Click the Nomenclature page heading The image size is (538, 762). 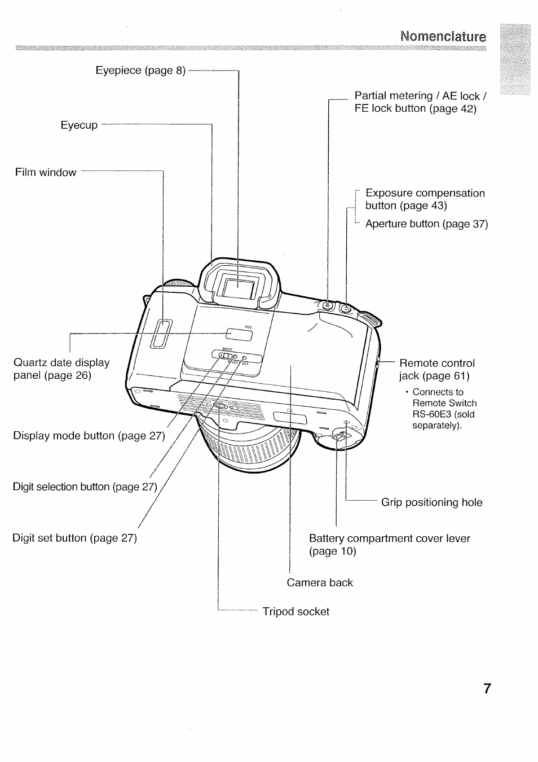click(x=443, y=37)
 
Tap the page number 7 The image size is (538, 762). click(x=487, y=689)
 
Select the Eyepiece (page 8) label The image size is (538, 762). click(x=140, y=71)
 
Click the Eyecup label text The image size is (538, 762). click(x=79, y=125)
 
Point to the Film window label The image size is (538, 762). click(x=46, y=172)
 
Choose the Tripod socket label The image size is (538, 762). click(x=296, y=611)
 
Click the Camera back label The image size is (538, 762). click(x=319, y=583)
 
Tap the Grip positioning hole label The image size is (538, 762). click(x=431, y=502)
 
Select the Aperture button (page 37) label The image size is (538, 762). click(x=426, y=224)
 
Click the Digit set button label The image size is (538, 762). click(x=74, y=538)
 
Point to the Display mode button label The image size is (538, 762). click(x=89, y=436)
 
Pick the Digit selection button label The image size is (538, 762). click(x=85, y=487)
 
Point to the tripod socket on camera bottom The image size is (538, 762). click(x=219, y=406)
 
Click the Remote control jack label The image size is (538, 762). click(x=436, y=369)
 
